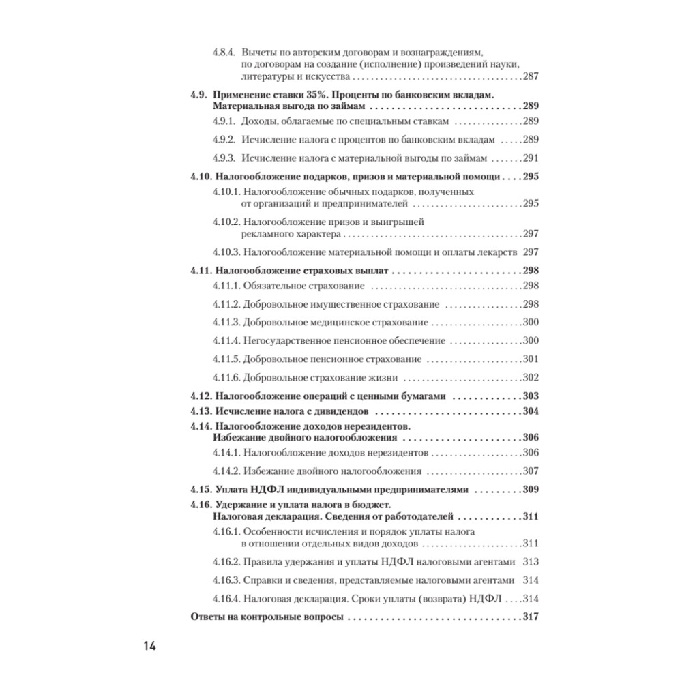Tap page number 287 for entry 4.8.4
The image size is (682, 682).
tap(531, 77)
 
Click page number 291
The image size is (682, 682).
tap(531, 158)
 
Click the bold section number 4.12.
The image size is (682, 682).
tap(202, 396)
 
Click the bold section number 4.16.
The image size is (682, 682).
tap(202, 505)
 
